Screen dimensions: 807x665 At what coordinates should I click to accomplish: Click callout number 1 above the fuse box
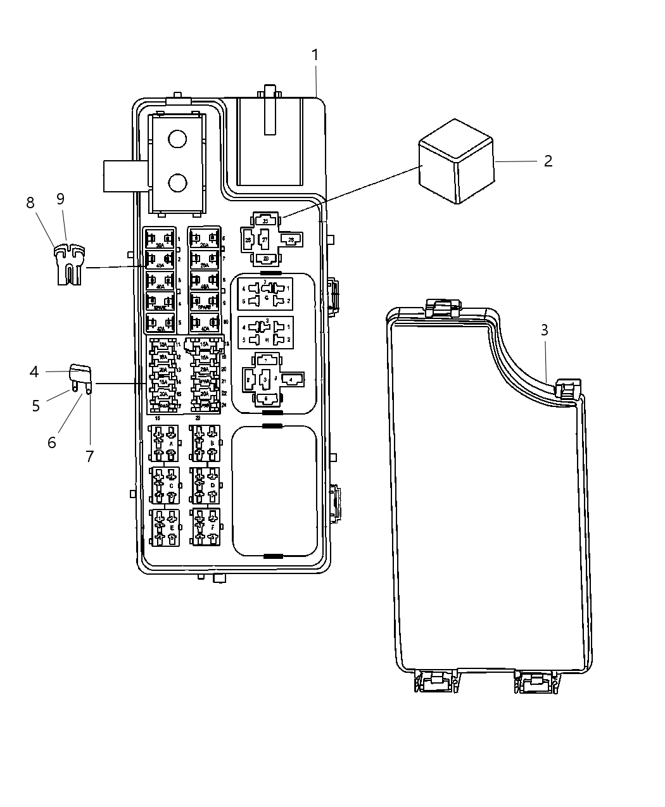[315, 56]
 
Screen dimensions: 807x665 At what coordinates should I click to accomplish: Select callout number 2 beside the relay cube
[548, 161]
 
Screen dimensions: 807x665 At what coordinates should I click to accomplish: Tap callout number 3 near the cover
[544, 330]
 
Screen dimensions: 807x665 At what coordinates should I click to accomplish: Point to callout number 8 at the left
[30, 203]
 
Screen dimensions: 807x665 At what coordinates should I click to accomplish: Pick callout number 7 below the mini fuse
[89, 456]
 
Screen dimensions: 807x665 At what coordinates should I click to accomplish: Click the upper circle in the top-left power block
[177, 139]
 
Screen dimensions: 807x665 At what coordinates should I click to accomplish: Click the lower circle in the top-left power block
[177, 183]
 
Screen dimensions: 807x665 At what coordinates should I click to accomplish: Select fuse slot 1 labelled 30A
[160, 239]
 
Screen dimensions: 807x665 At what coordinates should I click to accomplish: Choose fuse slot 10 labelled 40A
[205, 323]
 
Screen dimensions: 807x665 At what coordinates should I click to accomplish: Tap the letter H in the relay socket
[266, 339]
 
